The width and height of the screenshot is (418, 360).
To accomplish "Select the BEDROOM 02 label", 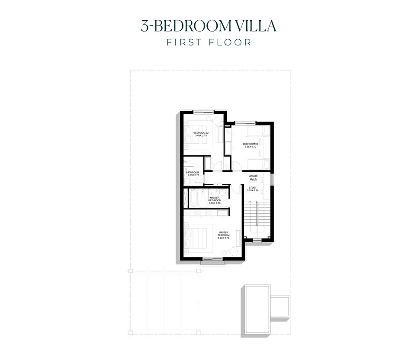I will [201, 132].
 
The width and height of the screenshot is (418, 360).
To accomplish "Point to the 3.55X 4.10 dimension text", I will [251, 147].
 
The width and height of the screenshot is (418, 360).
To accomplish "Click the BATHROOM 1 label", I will [193, 172].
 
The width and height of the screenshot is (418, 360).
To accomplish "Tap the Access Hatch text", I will [253, 177].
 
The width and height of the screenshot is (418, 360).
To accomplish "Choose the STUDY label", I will [253, 187].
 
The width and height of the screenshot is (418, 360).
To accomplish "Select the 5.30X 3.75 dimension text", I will [223, 238].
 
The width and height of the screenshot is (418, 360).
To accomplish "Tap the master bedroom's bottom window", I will [213, 259].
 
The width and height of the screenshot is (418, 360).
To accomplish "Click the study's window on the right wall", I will [273, 179].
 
